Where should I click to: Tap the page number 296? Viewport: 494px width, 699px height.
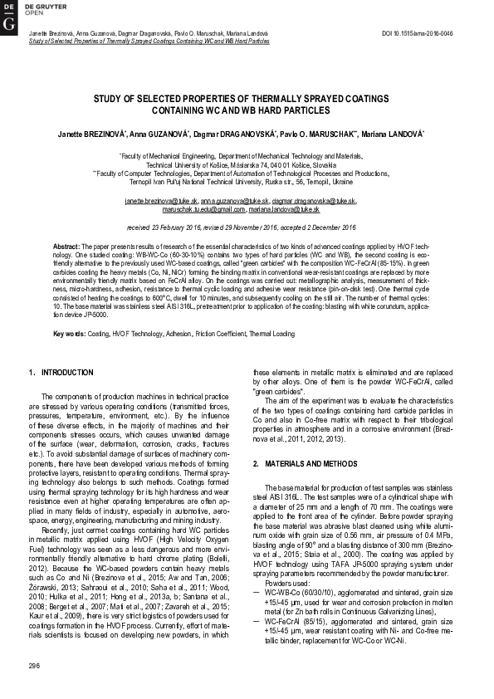pos(34,667)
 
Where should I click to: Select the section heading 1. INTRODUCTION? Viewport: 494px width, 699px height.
pos(56,372)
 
